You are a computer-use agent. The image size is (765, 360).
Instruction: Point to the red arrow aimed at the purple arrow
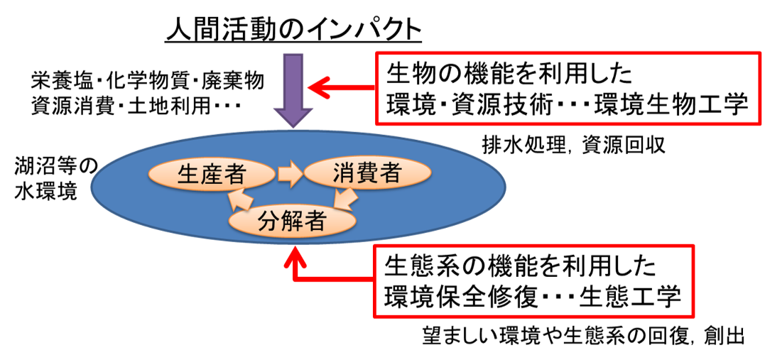click(341, 88)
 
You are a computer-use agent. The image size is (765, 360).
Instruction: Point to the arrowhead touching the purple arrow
click(315, 88)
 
